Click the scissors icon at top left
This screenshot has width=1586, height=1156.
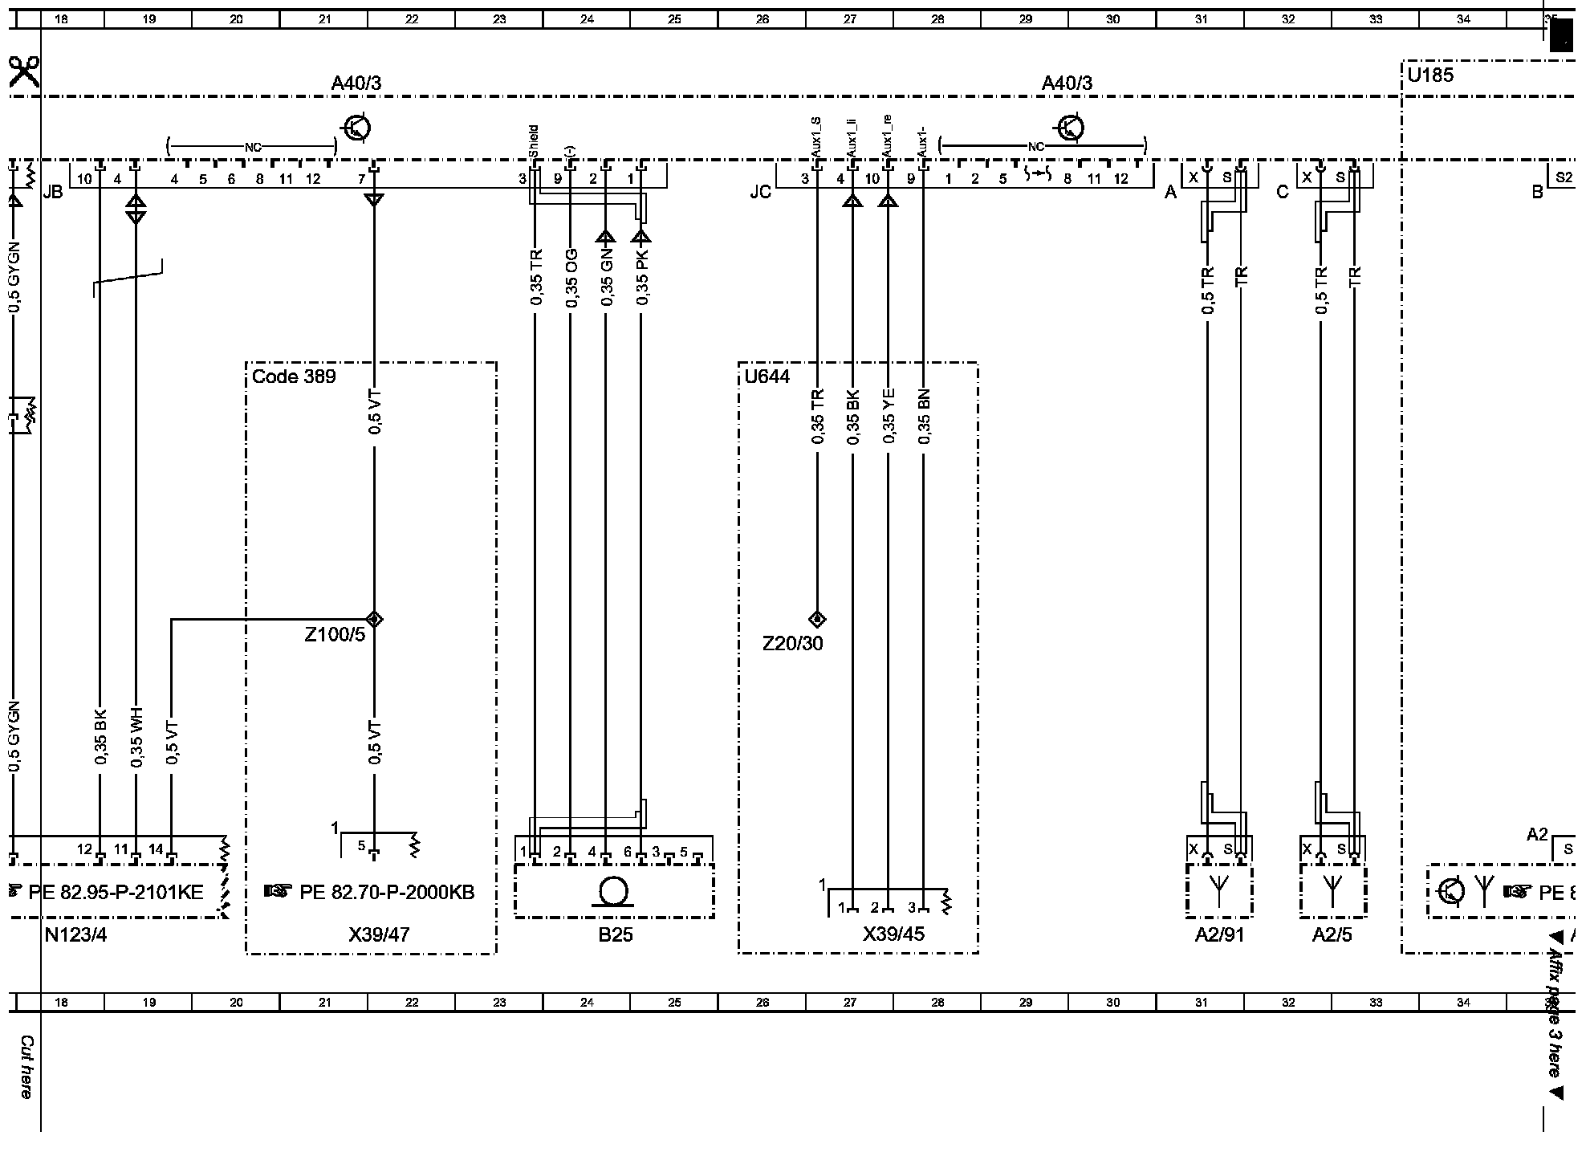coord(24,71)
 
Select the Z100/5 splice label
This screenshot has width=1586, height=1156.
coord(335,635)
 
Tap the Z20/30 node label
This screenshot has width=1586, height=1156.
coord(792,643)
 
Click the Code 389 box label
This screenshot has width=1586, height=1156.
coord(294,377)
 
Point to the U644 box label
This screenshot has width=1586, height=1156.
coord(767,377)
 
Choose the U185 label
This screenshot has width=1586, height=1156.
coord(1430,75)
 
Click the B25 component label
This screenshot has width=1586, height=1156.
coord(615,934)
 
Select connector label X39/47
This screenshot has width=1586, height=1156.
coord(379,934)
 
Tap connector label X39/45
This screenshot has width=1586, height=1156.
coord(893,934)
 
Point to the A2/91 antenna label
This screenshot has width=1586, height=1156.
coord(1219,934)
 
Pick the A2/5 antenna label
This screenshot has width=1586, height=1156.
coord(1332,934)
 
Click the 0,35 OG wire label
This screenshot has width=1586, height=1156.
coord(571,278)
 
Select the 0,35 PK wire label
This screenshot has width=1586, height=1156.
coord(641,278)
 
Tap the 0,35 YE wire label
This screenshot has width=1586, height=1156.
coord(888,417)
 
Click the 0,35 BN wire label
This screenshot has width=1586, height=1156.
coord(924,417)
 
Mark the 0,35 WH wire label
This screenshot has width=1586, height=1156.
coord(136,738)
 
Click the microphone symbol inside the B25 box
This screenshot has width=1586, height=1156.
coord(614,892)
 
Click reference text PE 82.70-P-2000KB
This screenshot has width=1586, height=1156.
coord(387,892)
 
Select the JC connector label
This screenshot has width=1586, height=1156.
coord(760,193)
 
